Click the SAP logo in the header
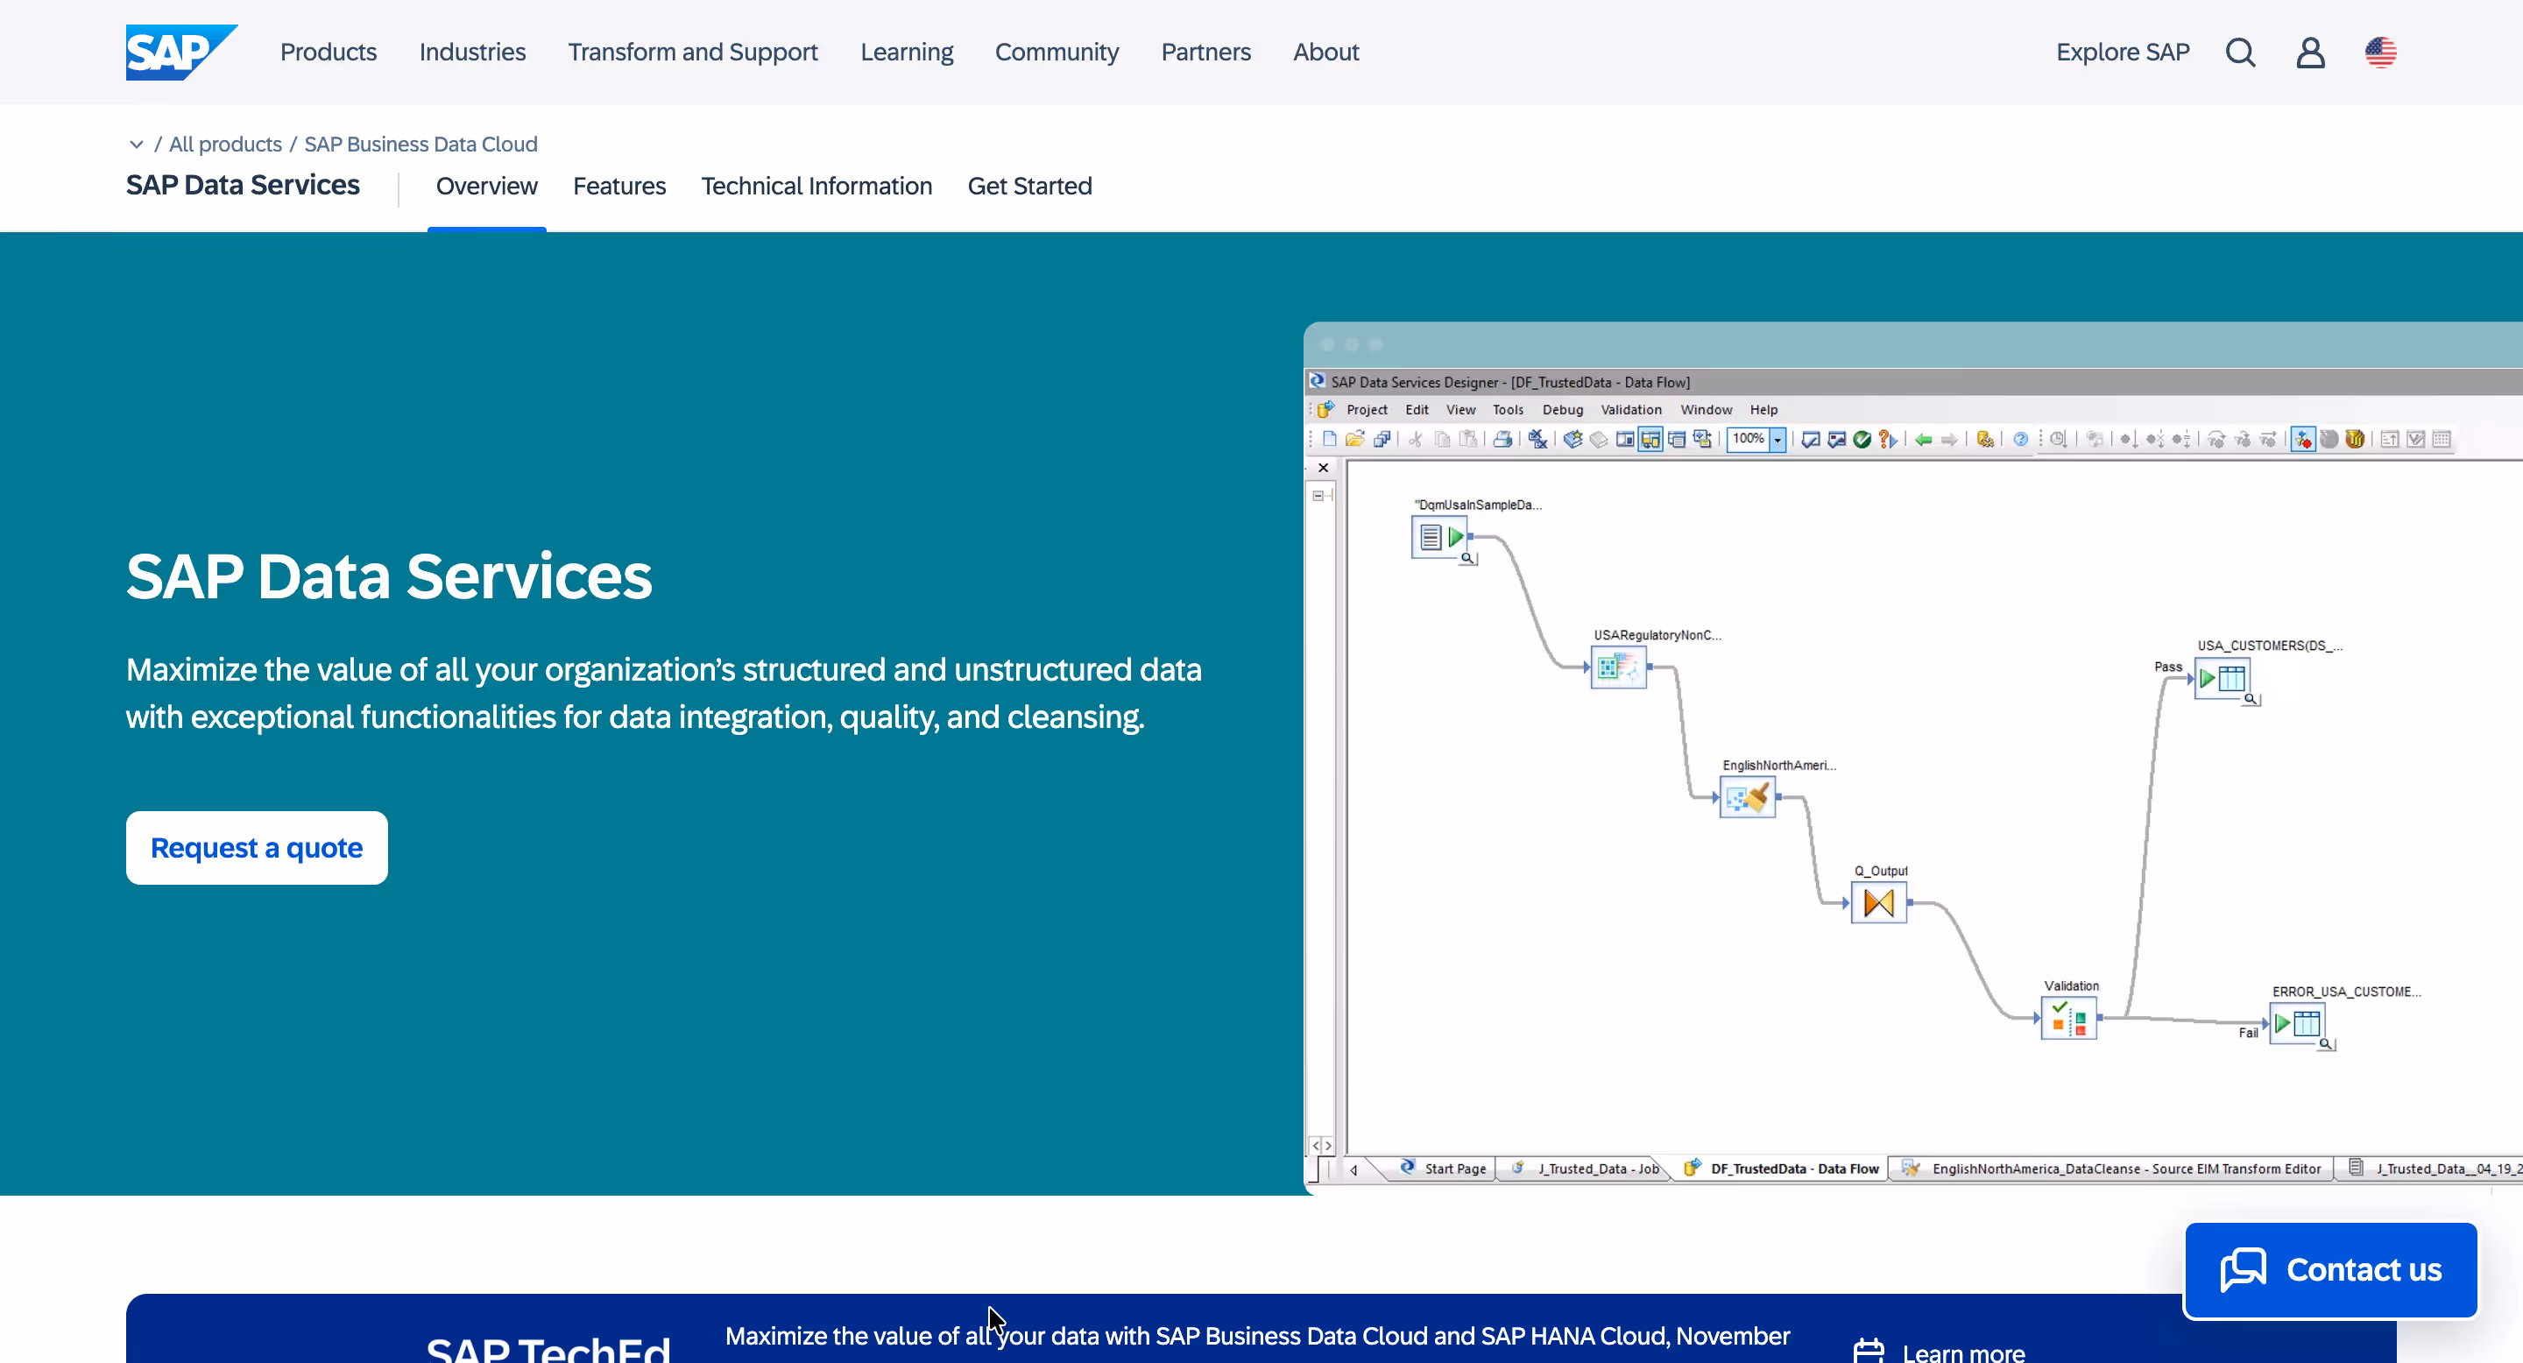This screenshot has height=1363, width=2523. [x=180, y=52]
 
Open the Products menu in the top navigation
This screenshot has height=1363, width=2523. [x=329, y=52]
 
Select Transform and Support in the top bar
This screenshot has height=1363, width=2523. [x=692, y=52]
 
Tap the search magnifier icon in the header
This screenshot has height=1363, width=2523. [x=2240, y=52]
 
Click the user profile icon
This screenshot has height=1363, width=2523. [x=2310, y=52]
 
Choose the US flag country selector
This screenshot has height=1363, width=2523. [x=2380, y=52]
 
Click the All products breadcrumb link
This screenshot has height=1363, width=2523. [x=225, y=144]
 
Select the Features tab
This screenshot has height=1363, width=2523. [x=619, y=186]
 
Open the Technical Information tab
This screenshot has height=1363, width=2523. [x=816, y=186]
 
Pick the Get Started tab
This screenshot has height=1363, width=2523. [x=1029, y=186]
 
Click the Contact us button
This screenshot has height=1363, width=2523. [x=2330, y=1269]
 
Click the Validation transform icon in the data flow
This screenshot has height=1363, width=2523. [x=2068, y=1019]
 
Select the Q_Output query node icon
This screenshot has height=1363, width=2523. [x=1878, y=903]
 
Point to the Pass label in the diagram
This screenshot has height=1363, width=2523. [x=2167, y=667]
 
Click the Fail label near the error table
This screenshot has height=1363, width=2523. [x=2248, y=1032]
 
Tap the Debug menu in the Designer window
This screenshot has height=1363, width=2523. [x=1562, y=409]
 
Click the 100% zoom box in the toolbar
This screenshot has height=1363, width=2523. [x=1749, y=439]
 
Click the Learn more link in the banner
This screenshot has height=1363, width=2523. [x=1962, y=1352]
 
